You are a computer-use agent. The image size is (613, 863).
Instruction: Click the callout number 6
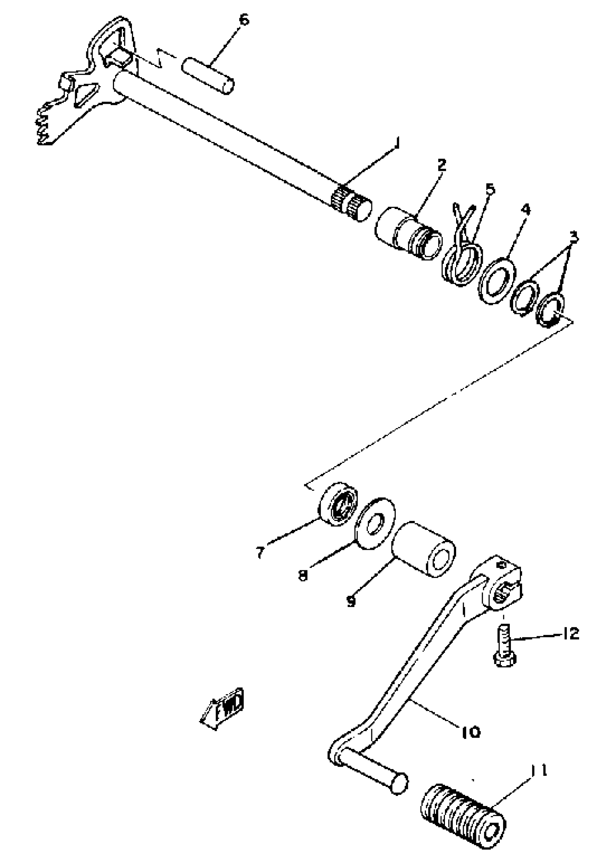click(244, 20)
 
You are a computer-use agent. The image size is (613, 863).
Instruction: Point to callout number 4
click(526, 210)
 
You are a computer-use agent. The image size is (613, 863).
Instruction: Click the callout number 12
click(570, 634)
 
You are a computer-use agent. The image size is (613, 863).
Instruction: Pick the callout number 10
click(470, 733)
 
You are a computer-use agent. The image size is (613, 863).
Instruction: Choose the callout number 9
click(351, 602)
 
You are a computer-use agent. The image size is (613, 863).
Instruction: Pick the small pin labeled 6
click(208, 75)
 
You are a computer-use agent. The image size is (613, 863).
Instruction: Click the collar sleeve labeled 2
click(409, 233)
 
